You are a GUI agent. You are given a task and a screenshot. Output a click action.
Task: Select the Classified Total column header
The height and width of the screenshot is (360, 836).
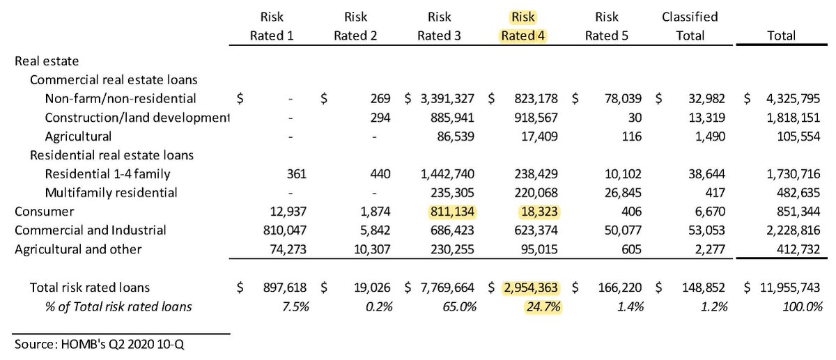[x=690, y=26]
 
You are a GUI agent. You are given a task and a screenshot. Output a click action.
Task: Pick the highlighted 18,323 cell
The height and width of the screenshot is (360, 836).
[x=539, y=211]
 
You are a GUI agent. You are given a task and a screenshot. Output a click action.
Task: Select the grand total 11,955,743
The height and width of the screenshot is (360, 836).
[x=780, y=287]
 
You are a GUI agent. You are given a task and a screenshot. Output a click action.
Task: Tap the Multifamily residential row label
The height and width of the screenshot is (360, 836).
[x=111, y=192]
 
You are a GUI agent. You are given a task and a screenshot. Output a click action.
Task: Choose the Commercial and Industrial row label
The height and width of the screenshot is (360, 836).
[x=91, y=230]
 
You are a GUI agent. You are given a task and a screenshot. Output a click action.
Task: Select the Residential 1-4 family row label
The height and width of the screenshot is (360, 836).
[x=107, y=173]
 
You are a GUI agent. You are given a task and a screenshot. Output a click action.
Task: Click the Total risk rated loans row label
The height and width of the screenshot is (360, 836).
[x=90, y=287]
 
